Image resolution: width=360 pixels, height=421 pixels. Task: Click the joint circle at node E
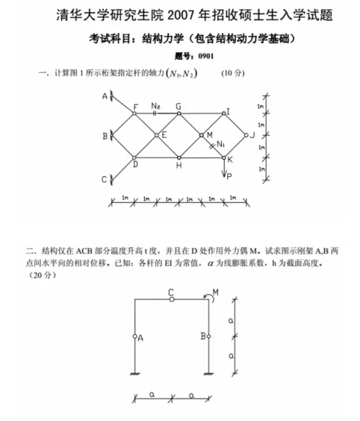(x=157, y=135)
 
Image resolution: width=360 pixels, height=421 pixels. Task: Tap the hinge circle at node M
(x=202, y=135)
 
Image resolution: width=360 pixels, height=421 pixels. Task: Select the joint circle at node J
(x=246, y=135)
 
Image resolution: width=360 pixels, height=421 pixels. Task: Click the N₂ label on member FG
(x=156, y=106)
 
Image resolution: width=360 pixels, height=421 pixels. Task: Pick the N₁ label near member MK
(x=221, y=144)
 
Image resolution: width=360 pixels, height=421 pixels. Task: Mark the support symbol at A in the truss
(x=111, y=96)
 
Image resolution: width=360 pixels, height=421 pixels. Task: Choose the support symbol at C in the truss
(x=111, y=180)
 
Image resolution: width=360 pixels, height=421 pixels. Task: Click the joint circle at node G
(x=179, y=113)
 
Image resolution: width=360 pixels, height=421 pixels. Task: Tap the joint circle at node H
(x=179, y=158)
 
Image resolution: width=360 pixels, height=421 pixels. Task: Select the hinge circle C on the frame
(x=172, y=299)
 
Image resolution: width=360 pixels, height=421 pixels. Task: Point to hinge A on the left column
(x=135, y=336)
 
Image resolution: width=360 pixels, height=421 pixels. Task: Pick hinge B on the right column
(x=209, y=336)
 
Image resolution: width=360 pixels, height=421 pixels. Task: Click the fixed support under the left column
(x=135, y=373)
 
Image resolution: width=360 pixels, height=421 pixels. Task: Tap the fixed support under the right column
(x=209, y=373)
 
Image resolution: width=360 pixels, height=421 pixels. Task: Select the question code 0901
(x=206, y=56)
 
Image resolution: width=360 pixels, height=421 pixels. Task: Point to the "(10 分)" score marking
(x=233, y=73)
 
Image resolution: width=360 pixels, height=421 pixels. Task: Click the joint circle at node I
(x=224, y=113)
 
